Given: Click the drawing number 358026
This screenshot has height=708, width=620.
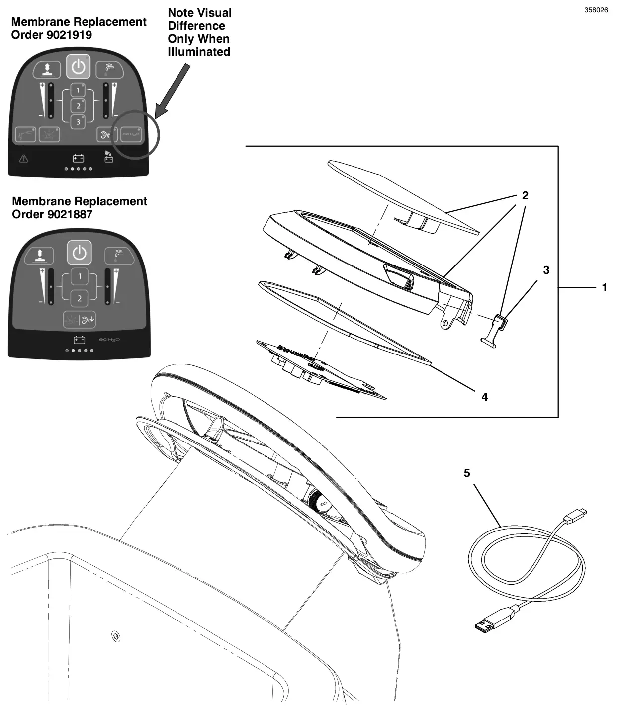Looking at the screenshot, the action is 596,10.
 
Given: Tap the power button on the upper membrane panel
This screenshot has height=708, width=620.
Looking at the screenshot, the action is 79,66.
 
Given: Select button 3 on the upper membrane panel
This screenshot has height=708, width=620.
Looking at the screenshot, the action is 78,122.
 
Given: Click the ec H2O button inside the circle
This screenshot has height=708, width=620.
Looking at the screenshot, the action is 131,134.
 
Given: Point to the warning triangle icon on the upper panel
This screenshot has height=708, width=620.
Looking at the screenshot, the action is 23,159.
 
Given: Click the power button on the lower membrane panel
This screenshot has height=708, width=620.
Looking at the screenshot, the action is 80,253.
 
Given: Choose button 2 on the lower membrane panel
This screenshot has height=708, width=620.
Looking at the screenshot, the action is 79,299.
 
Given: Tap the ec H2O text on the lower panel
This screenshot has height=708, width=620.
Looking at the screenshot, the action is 109,340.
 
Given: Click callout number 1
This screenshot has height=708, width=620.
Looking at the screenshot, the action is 605,287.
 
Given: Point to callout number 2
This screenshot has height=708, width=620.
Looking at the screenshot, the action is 525,196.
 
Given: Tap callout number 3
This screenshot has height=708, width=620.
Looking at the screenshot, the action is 546,270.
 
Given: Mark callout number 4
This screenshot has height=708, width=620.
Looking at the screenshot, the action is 485,397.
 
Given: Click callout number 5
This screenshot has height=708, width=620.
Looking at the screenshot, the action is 467,473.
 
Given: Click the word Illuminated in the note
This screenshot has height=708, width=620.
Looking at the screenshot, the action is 199,52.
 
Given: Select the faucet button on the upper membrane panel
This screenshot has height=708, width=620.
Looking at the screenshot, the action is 110,70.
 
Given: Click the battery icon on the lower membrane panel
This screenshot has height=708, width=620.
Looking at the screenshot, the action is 79,340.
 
